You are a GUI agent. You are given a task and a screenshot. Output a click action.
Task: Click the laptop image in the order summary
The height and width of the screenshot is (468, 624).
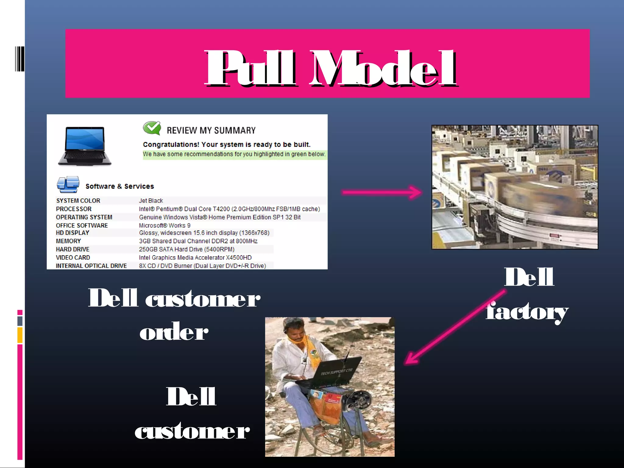(85, 146)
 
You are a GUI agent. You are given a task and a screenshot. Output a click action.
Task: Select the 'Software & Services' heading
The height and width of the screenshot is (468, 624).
(120, 186)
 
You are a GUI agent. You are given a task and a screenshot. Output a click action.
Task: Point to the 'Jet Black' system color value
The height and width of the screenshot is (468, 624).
(151, 200)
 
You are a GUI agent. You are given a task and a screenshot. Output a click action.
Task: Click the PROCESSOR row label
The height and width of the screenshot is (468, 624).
(74, 209)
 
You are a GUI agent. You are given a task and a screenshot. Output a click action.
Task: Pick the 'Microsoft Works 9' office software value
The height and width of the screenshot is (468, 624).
(165, 225)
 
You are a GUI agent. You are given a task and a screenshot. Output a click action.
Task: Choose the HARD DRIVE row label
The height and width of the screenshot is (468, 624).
(73, 249)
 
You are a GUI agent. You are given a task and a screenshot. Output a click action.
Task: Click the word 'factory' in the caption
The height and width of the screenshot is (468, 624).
(527, 312)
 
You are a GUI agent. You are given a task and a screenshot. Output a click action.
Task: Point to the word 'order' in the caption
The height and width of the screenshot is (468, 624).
(174, 332)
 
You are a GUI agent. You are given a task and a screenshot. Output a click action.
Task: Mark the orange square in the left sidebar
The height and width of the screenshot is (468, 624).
(20, 335)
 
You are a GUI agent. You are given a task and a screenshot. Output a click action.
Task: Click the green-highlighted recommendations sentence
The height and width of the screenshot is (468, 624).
(234, 154)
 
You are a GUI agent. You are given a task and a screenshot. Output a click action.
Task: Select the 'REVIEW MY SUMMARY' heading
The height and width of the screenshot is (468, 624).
(211, 130)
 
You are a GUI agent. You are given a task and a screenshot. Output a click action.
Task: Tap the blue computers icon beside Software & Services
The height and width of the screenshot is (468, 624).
(68, 184)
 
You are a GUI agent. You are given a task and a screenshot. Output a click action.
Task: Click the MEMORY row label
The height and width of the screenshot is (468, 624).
(68, 241)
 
